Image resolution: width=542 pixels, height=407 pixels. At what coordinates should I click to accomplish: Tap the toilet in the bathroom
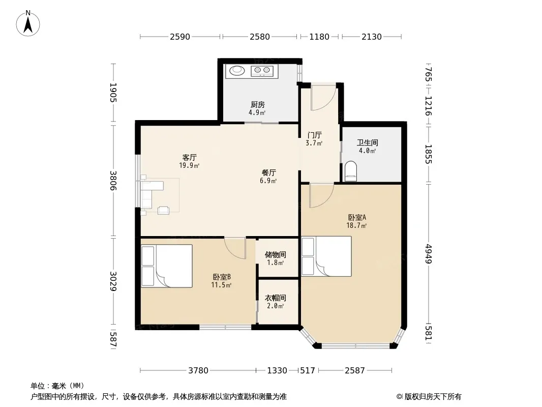350,171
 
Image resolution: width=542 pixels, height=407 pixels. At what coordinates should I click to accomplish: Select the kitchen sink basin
237,71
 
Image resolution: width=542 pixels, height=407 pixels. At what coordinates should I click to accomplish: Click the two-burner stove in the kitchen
262,71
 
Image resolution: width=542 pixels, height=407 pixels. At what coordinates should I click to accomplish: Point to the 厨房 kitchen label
257,104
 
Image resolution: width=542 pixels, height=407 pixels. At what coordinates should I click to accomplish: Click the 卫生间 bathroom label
368,142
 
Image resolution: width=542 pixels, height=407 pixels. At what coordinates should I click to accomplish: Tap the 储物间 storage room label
275,255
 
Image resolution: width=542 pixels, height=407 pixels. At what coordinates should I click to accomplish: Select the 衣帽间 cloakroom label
275,298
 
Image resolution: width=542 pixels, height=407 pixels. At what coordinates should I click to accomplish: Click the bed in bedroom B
167,266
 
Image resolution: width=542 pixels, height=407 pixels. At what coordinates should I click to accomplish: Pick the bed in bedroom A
326,256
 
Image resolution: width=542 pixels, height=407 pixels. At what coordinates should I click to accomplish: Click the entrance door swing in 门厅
323,97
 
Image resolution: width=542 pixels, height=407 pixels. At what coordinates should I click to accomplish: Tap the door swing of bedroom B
235,248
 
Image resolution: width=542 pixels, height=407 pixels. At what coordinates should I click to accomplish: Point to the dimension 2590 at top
180,37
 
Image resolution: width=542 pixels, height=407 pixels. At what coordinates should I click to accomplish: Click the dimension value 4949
429,253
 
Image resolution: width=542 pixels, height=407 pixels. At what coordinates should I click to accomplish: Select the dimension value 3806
113,181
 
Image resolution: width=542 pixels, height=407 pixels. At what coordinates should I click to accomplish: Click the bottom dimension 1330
277,371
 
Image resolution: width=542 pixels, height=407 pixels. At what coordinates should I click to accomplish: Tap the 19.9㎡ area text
189,166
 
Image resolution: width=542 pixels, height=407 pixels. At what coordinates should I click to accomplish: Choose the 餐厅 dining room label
268,172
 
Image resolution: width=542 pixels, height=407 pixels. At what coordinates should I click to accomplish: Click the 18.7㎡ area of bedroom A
356,226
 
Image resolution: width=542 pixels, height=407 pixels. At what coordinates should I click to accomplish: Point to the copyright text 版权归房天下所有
433,397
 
